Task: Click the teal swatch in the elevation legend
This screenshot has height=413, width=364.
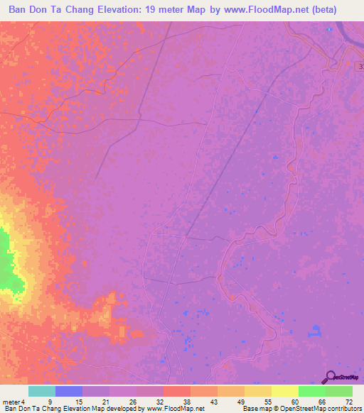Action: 42,391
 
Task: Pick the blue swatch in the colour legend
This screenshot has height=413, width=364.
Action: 69,391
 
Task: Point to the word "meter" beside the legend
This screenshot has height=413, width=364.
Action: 10,401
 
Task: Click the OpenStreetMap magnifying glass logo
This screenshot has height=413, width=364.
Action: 330,377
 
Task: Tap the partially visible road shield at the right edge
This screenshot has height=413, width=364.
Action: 360,65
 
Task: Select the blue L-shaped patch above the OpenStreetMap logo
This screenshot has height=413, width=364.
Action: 315,330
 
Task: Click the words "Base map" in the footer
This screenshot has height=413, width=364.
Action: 256,409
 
